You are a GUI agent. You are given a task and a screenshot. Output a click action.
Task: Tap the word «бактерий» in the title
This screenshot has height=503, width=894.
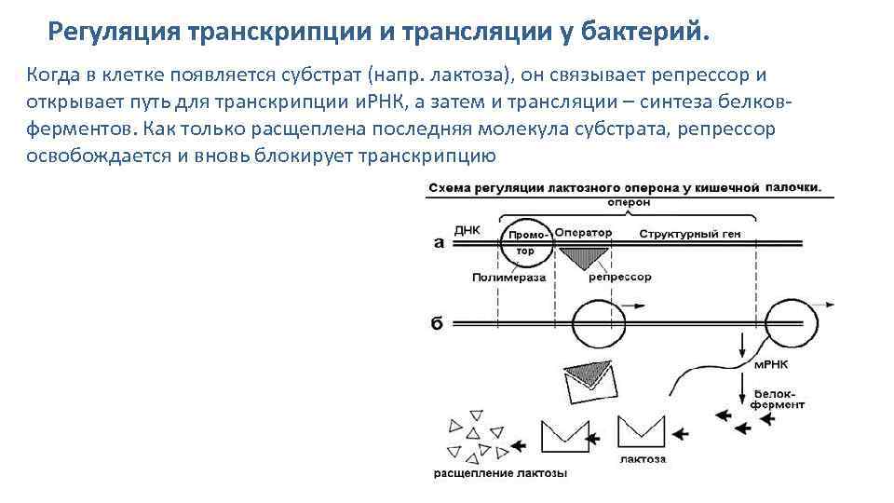(x=643, y=33)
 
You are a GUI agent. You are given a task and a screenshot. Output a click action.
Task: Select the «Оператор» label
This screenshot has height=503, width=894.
(x=583, y=232)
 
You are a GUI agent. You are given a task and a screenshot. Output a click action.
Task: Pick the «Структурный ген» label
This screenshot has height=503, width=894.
(x=689, y=233)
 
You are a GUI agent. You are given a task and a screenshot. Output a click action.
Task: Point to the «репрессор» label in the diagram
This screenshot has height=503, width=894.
(x=620, y=277)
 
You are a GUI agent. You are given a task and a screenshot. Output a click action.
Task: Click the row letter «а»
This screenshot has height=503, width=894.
(x=439, y=243)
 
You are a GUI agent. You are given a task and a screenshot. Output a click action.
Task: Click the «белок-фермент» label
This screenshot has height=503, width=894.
(x=779, y=400)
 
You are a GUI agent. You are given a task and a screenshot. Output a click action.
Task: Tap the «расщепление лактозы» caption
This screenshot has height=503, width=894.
(x=500, y=473)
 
